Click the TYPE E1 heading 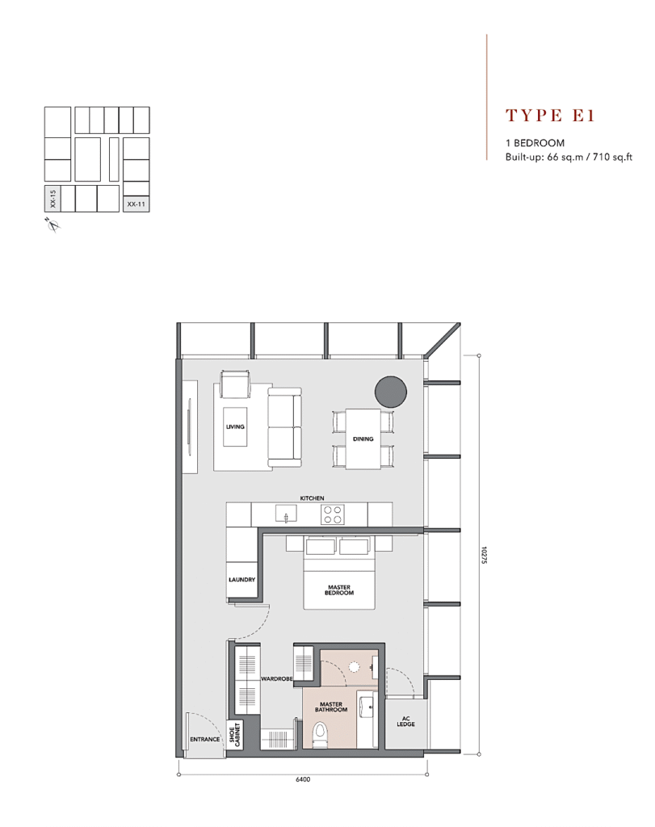[x=550, y=115]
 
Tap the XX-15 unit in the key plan [x=52, y=199]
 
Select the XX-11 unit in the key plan [x=136, y=204]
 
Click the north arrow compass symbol [x=52, y=225]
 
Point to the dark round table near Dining [x=391, y=392]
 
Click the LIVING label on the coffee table [x=235, y=426]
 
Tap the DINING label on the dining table [x=363, y=439]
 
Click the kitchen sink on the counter [x=286, y=513]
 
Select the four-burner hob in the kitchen [x=333, y=514]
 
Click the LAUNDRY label [x=242, y=580]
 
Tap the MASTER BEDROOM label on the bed [x=339, y=590]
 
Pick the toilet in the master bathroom [x=320, y=735]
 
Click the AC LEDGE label [x=405, y=721]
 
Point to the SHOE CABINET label [x=235, y=733]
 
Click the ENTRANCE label [x=204, y=740]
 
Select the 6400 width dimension [x=303, y=779]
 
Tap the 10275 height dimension [x=484, y=555]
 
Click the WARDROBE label [x=277, y=678]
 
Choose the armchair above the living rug [x=235, y=384]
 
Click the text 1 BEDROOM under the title [x=535, y=143]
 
